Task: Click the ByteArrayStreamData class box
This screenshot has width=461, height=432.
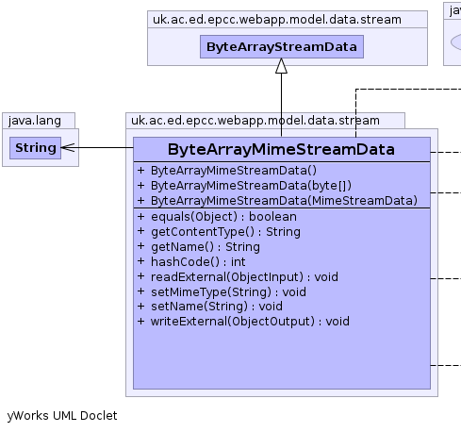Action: [282, 46]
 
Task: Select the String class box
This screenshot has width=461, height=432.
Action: [35, 148]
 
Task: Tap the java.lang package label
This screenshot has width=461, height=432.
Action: [35, 121]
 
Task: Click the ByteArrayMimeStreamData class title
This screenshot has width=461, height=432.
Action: [281, 149]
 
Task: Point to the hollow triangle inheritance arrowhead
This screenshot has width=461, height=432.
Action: [281, 66]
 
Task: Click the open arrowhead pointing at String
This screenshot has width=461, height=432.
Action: [68, 147]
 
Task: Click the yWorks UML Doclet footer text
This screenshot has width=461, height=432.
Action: [62, 416]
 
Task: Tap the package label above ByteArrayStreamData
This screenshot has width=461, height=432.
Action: [277, 20]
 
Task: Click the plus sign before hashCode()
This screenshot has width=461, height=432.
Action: [140, 261]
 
